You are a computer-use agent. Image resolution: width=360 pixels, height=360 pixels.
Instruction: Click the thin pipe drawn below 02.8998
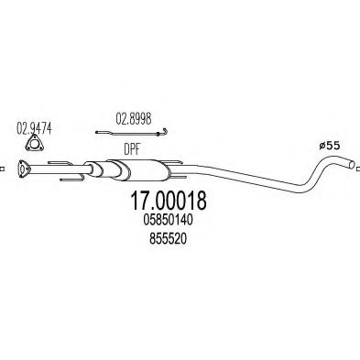128,134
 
